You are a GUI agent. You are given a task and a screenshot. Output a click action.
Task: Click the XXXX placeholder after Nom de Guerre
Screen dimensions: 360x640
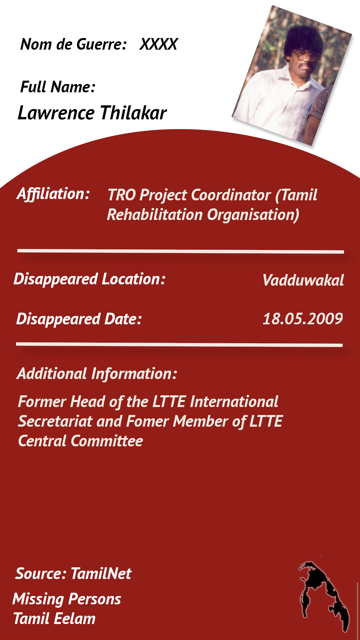(159, 44)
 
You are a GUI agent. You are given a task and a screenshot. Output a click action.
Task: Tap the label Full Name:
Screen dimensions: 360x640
(58, 87)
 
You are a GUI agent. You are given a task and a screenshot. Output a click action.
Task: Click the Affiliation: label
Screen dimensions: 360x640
(53, 194)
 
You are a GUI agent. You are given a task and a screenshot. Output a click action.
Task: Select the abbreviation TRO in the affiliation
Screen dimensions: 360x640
(122, 195)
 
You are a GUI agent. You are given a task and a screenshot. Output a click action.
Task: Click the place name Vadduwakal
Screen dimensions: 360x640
(303, 280)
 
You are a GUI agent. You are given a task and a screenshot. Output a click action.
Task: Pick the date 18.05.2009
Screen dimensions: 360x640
(303, 319)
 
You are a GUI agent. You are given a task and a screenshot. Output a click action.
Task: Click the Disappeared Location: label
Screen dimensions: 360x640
(90, 279)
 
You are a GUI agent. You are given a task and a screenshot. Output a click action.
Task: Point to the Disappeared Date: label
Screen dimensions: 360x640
(79, 319)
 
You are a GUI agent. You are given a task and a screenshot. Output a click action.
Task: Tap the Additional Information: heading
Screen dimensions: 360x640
(97, 374)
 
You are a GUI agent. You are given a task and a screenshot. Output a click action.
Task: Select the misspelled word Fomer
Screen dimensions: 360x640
(148, 421)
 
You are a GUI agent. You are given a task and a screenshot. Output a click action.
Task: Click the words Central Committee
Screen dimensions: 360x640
(81, 441)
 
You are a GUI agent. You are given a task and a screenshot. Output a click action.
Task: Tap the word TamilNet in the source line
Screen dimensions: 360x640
(101, 574)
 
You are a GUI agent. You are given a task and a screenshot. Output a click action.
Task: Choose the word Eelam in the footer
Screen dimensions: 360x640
(75, 619)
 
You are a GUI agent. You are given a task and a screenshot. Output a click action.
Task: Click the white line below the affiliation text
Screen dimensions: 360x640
(181, 251)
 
